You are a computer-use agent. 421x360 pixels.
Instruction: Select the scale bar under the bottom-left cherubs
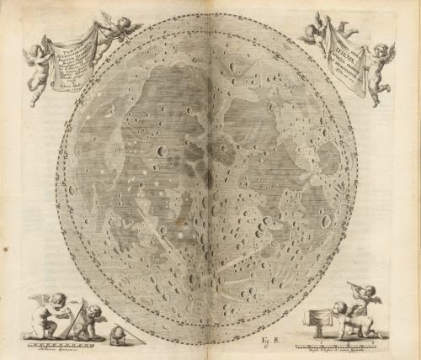63,343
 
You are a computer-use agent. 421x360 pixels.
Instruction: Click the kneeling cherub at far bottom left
44,318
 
